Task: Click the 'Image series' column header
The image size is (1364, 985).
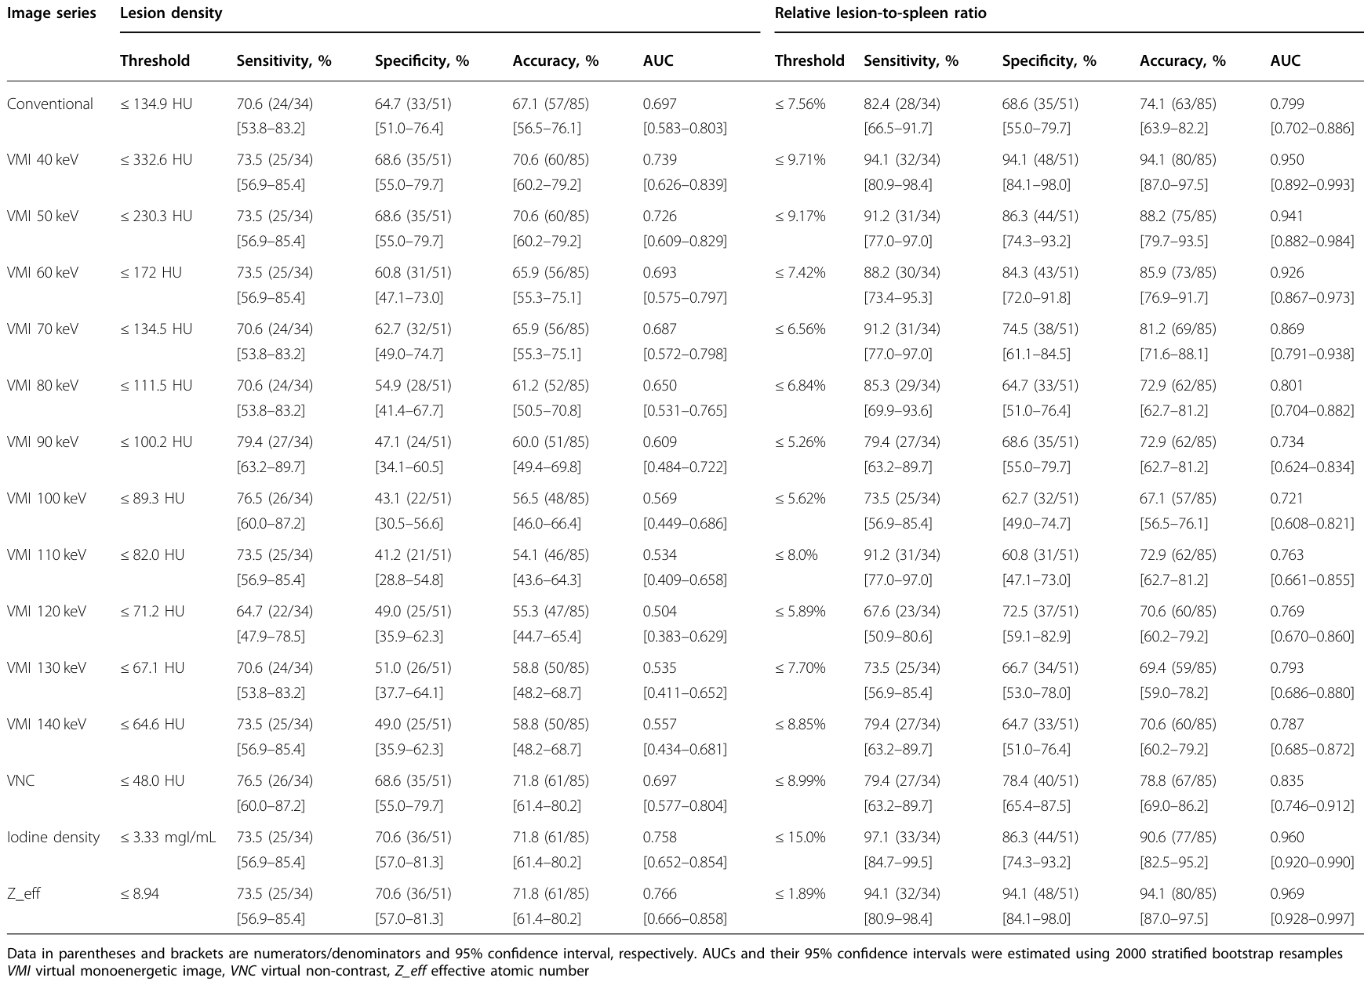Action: [51, 13]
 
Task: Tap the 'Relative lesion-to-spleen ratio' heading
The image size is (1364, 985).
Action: [881, 13]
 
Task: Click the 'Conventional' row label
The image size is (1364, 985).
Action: [49, 104]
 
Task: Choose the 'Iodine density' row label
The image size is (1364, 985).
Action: [53, 838]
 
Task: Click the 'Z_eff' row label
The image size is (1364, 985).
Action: [24, 894]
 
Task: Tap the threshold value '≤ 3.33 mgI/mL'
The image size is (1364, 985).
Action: [168, 838]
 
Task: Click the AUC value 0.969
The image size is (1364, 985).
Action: [1287, 894]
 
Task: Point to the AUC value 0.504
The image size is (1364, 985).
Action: [660, 612]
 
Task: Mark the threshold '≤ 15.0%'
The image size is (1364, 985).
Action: [800, 838]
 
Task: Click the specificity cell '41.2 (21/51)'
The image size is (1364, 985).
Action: [413, 555]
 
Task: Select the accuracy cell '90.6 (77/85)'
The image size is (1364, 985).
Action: [1178, 838]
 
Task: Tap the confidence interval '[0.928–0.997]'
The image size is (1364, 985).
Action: [1312, 918]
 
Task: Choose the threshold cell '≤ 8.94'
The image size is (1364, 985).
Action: [140, 894]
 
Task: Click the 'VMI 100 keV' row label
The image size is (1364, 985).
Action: [46, 499]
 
